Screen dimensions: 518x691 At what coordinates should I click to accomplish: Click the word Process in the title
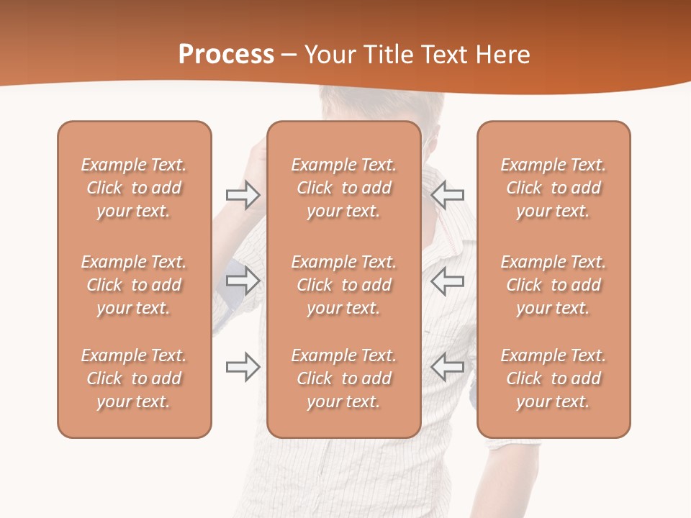(x=226, y=55)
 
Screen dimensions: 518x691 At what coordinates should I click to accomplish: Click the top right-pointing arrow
(x=243, y=195)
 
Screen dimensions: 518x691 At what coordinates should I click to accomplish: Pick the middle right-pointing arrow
(x=243, y=281)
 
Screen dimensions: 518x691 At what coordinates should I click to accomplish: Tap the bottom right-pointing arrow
(x=243, y=367)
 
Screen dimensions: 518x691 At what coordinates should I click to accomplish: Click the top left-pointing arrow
(x=448, y=195)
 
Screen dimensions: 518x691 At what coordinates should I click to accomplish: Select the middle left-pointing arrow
(x=448, y=281)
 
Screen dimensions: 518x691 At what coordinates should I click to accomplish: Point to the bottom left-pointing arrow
(x=448, y=367)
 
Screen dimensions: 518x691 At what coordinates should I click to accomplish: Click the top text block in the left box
(x=134, y=188)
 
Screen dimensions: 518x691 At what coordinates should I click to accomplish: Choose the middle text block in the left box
(x=134, y=285)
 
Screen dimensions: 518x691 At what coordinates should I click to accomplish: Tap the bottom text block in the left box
(x=134, y=378)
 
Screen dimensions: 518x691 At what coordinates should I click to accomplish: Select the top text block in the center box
(x=343, y=188)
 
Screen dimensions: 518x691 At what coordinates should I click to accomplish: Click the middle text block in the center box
(x=343, y=285)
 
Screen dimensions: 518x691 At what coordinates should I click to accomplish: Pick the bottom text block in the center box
(x=343, y=378)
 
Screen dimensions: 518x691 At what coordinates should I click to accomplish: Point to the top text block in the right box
(x=553, y=188)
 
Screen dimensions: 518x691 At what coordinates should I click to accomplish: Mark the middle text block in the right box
(x=553, y=285)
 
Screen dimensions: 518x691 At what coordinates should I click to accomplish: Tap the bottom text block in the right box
(x=553, y=378)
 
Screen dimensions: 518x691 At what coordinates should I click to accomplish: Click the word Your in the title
(x=328, y=55)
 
